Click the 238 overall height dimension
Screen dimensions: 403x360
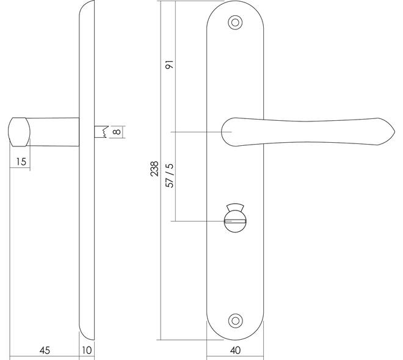(x=154, y=168)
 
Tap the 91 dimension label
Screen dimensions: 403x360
(x=170, y=65)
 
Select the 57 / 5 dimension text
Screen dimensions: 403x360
(x=170, y=175)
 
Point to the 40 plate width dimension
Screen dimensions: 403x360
(x=235, y=350)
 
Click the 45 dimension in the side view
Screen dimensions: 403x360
(x=45, y=350)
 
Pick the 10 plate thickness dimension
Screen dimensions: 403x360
(x=87, y=350)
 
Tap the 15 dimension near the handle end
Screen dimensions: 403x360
(x=21, y=162)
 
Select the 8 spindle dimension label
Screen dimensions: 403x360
(x=117, y=132)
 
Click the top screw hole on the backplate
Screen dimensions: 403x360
(x=235, y=23)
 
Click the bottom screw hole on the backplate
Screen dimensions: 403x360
(x=235, y=321)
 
